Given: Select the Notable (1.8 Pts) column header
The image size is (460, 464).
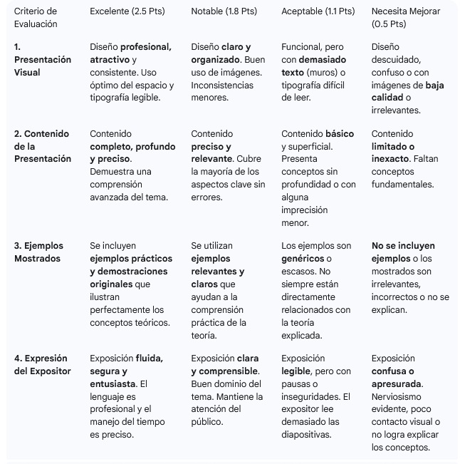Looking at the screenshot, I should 224,11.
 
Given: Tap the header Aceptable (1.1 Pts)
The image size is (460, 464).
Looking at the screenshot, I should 318,11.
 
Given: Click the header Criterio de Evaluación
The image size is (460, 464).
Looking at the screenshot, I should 36,17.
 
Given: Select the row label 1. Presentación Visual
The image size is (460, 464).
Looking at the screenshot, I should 43,60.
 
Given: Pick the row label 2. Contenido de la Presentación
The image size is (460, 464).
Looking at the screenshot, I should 43,146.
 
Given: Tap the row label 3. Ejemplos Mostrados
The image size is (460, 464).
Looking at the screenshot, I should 40,252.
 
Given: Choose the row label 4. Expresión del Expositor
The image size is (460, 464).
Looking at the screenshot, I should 43,365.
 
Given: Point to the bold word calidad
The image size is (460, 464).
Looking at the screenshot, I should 387,98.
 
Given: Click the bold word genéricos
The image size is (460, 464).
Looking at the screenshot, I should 302,259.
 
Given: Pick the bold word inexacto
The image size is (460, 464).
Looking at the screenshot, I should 390,159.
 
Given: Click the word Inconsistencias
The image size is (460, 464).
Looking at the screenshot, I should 222,86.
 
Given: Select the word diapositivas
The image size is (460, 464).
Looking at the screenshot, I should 306,435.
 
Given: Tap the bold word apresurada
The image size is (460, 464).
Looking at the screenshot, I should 396,383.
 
